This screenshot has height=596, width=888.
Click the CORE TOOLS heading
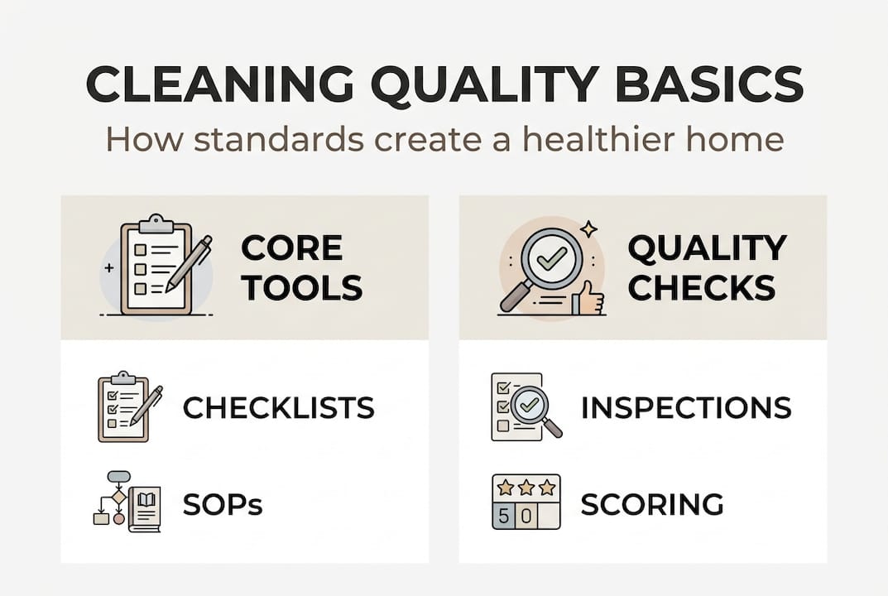[301, 267]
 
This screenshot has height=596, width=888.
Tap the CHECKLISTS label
[278, 407]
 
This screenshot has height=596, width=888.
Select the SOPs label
[223, 504]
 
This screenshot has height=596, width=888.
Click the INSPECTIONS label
[686, 407]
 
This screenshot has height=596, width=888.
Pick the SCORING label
[652, 504]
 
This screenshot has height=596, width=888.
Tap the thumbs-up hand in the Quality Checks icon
[590, 299]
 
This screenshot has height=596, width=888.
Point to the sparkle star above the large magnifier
[588, 228]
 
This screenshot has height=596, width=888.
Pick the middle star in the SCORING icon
[526, 488]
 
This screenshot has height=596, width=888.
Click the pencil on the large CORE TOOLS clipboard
[189, 263]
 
